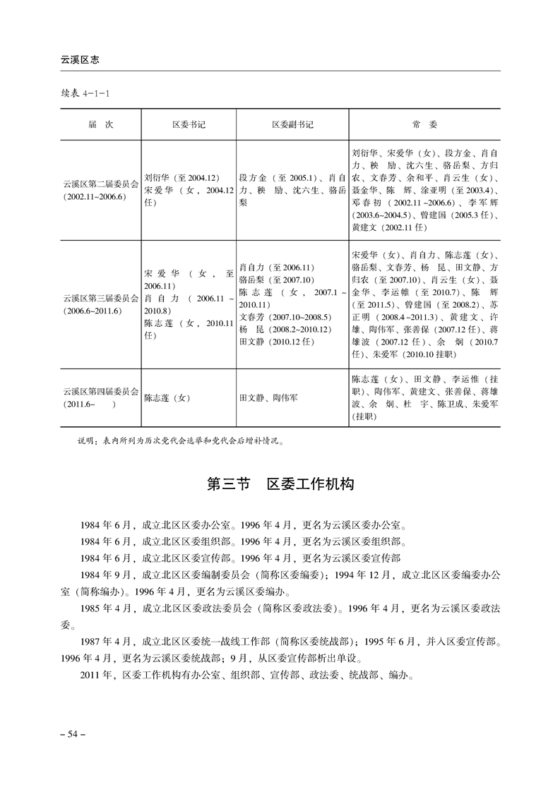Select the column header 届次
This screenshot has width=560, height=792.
(x=100, y=124)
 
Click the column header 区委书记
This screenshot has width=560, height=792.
(x=189, y=124)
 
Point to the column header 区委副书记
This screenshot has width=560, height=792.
(x=292, y=124)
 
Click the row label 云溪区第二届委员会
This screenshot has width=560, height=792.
(x=100, y=185)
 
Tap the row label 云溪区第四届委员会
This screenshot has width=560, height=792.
(x=100, y=391)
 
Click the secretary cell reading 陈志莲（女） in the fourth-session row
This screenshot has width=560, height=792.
(x=167, y=398)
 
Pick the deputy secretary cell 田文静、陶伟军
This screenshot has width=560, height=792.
(x=268, y=398)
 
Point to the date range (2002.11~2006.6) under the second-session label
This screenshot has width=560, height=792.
(x=93, y=197)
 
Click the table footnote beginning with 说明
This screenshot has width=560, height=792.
(x=181, y=443)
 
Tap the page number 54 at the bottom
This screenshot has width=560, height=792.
(x=73, y=735)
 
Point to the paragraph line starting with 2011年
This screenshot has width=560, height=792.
(x=247, y=674)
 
